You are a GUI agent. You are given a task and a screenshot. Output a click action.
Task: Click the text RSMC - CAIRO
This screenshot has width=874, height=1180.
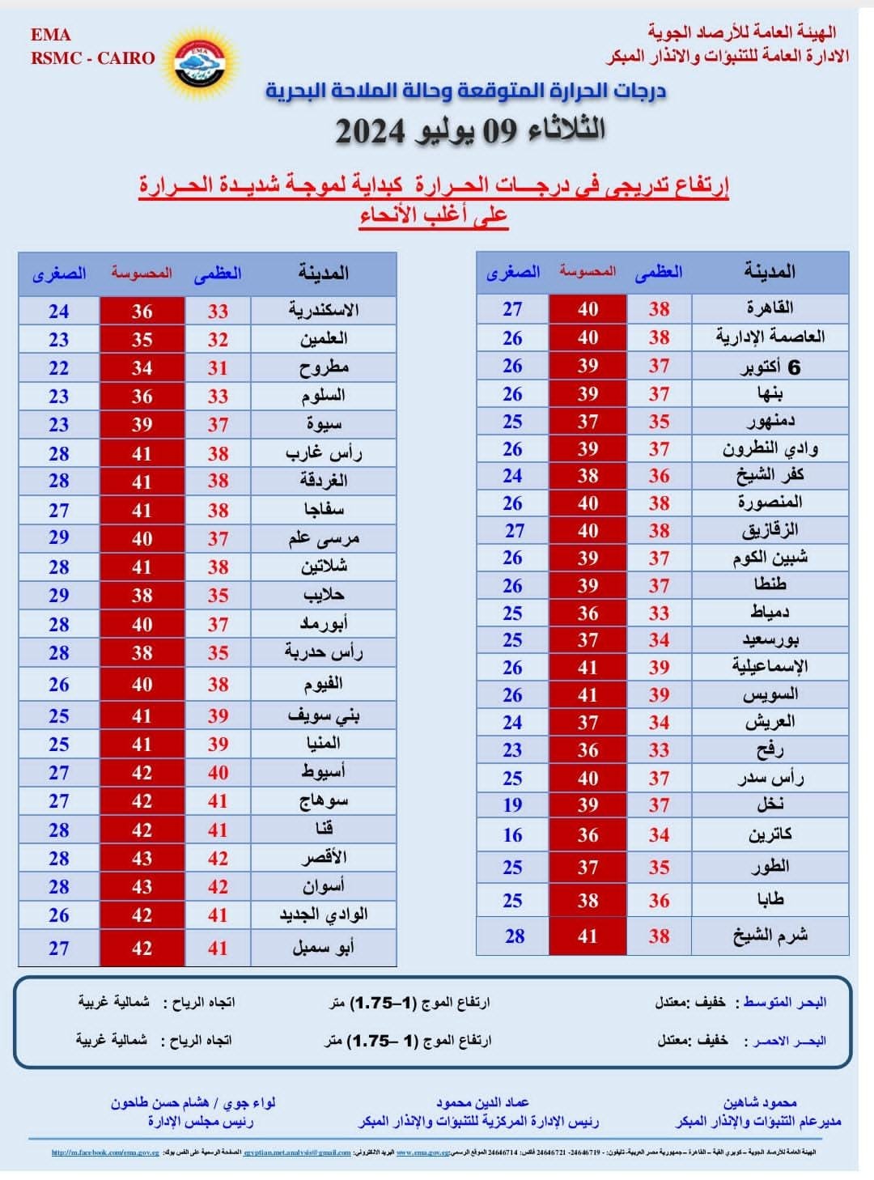93,58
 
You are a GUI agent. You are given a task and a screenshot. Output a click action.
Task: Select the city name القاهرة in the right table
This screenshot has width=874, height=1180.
770,308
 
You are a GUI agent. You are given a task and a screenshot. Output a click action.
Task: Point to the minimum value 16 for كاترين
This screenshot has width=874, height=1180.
512,835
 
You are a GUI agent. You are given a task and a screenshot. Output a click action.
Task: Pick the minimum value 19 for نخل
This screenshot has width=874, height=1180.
512,805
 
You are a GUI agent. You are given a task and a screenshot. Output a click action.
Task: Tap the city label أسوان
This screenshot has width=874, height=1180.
324,886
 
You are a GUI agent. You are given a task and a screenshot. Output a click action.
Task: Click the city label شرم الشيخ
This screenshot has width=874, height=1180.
770,936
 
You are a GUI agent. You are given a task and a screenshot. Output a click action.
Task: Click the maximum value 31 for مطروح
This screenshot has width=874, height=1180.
218,368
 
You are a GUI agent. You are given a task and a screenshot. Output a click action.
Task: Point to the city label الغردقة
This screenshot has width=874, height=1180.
324,481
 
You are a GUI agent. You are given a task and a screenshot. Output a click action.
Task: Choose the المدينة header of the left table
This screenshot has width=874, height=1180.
324,274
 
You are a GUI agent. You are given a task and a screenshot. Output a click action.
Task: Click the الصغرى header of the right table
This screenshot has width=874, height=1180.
512,272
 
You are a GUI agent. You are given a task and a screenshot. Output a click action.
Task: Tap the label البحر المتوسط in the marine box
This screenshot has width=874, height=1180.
785,1003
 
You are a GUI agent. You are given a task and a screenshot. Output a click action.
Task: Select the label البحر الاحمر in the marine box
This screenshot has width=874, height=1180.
789,1041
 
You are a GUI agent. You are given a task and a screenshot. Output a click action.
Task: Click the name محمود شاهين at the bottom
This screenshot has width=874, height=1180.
760,1102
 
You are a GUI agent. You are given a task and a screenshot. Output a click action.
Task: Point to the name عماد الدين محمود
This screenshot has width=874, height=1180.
482,1102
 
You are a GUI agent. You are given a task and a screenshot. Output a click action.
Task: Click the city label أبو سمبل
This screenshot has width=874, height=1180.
324,948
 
